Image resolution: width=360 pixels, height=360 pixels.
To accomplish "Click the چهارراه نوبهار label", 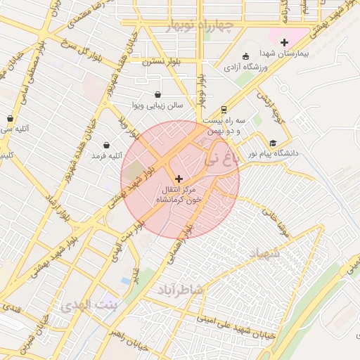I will click(199, 27).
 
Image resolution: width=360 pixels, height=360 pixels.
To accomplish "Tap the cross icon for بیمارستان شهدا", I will click(284, 42).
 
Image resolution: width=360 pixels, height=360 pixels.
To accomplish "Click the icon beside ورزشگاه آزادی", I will click(245, 56).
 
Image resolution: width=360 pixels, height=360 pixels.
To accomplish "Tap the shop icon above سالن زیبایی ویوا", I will click(157, 94).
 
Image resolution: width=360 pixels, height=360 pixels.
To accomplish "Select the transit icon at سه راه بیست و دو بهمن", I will click(223, 109).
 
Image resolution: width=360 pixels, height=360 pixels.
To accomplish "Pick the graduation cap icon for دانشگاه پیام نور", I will click(273, 142).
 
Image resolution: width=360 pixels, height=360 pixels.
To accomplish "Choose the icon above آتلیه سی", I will click(10, 118).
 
